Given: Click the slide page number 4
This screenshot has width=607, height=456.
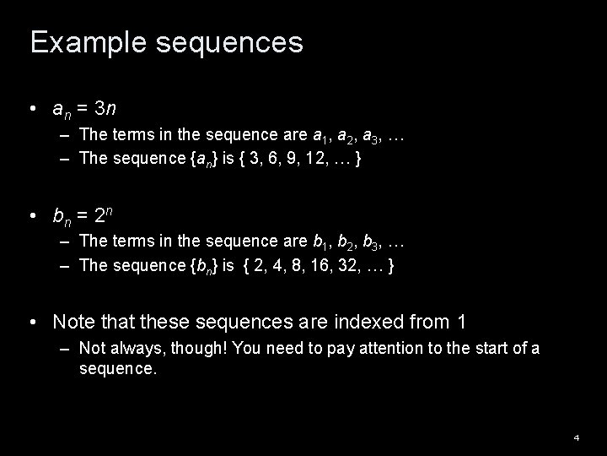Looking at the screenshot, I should pyautogui.click(x=577, y=437).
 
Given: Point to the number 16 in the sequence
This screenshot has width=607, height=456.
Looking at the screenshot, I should pyautogui.click(x=314, y=265).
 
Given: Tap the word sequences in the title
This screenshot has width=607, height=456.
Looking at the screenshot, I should pyautogui.click(x=224, y=43).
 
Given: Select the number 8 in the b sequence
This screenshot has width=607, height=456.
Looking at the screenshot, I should pyautogui.click(x=285, y=265).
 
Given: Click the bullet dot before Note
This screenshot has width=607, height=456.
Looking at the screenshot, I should pyautogui.click(x=31, y=322).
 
